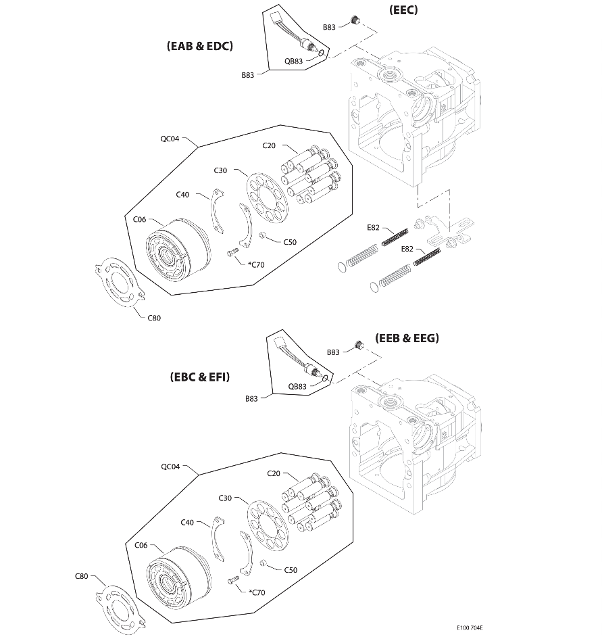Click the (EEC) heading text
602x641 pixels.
403,10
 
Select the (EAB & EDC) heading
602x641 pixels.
199,46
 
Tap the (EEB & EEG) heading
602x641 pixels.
407,338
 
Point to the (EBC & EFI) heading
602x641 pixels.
200,377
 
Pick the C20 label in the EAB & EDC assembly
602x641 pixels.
270,146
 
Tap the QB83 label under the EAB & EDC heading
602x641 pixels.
294,60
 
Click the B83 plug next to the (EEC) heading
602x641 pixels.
352,21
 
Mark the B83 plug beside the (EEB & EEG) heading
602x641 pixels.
359,346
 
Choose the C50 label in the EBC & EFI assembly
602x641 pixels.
290,570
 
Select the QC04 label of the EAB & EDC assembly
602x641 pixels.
170,139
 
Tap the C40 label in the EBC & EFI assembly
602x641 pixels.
188,522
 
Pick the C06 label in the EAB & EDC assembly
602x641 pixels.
140,218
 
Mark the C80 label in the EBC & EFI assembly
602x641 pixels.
81,576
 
